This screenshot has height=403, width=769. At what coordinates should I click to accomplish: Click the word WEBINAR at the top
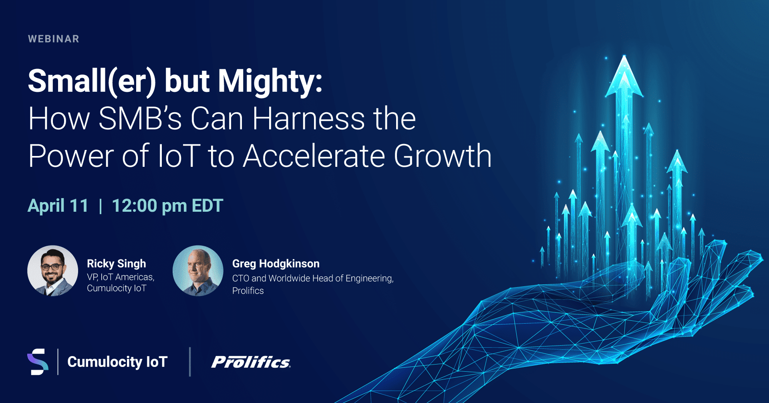[x=54, y=39]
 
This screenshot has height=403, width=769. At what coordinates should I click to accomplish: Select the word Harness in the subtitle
[x=308, y=119]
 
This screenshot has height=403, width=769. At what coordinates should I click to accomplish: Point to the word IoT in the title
[x=179, y=156]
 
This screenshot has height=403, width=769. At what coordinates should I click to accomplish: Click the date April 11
[x=58, y=206]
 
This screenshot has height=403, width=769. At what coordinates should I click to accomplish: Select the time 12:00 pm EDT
[x=167, y=206]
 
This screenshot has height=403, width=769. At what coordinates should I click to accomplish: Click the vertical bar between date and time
[x=101, y=206]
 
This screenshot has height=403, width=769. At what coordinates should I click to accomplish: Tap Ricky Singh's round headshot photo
[x=52, y=271]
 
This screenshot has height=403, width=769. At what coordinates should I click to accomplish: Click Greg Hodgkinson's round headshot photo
[x=198, y=271]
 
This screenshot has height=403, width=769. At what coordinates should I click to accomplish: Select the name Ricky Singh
[x=117, y=263]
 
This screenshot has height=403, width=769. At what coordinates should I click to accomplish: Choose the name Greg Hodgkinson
[x=276, y=263]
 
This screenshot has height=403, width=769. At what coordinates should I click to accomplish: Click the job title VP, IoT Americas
[x=121, y=277]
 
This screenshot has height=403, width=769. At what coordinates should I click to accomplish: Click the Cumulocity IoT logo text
[x=117, y=362]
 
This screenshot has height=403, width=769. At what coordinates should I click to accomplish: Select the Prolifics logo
[x=251, y=362]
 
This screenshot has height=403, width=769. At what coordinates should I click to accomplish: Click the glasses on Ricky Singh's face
[x=52, y=266]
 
